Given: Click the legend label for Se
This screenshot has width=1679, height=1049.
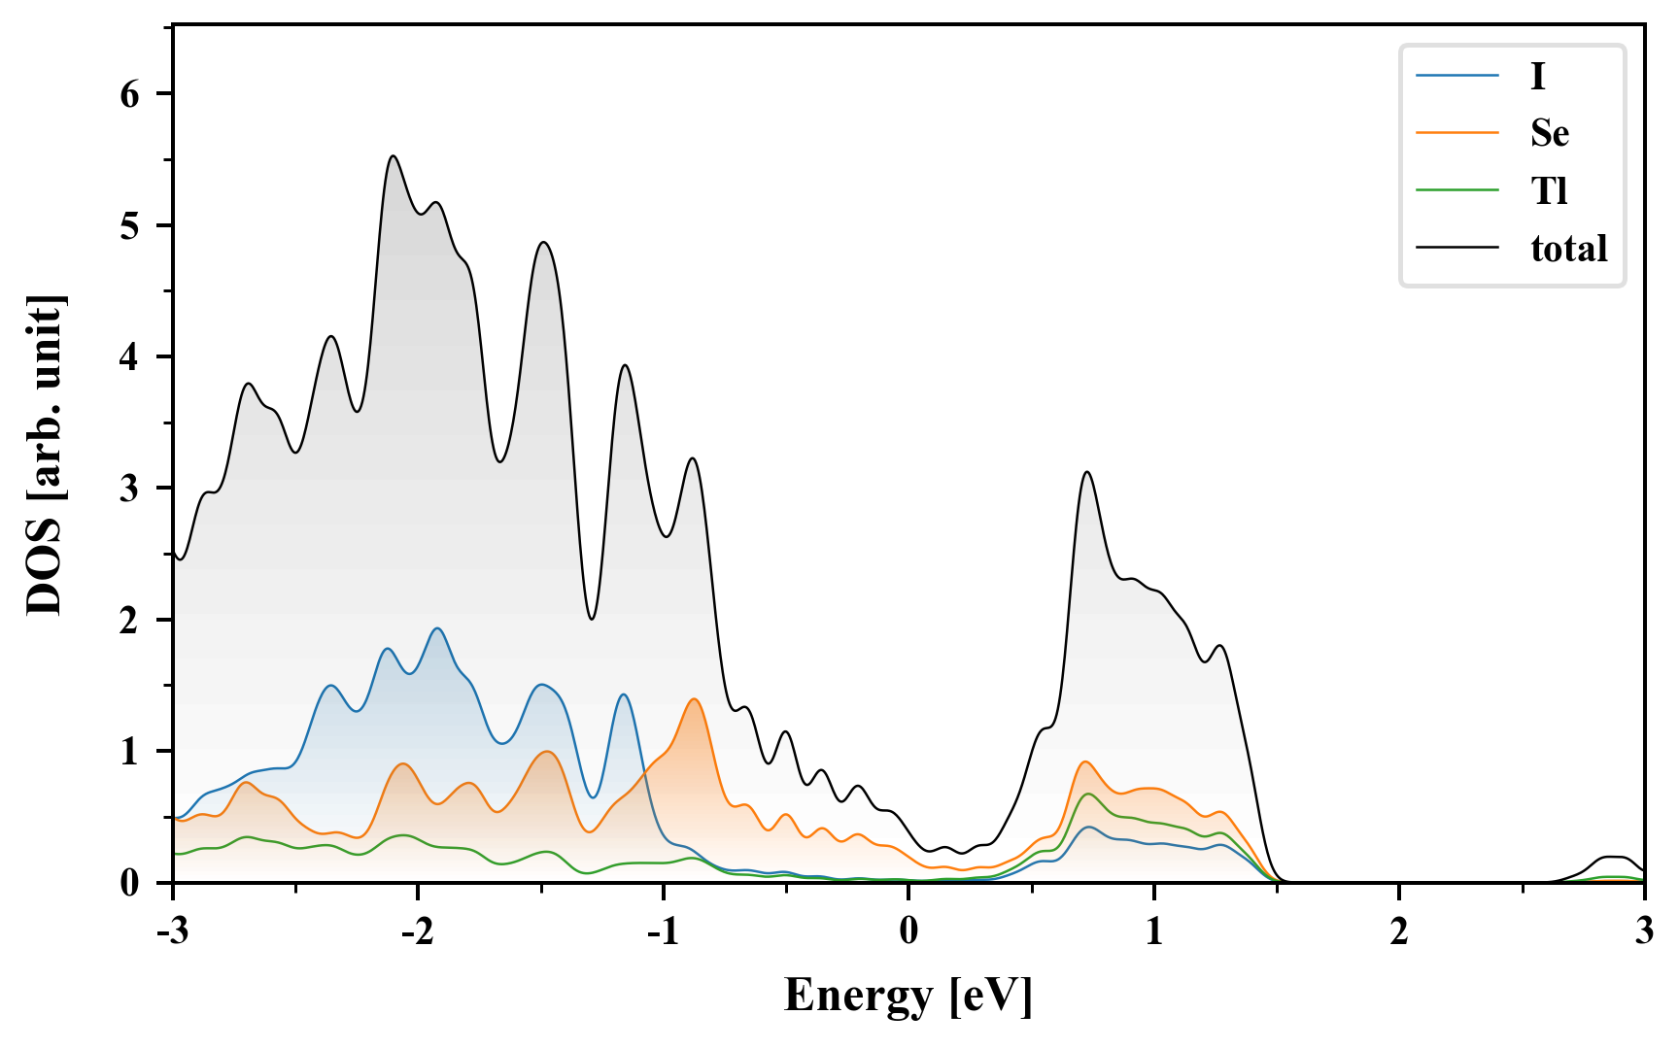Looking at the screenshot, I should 1549,133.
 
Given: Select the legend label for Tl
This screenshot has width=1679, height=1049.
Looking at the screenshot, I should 1549,190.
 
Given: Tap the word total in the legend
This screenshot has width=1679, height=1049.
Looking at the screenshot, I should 1568,249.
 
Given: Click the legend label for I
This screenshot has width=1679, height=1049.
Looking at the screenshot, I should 1537,76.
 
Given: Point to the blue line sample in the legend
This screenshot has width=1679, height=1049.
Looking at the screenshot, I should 1456,76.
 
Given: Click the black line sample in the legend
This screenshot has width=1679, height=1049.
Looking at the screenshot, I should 1456,249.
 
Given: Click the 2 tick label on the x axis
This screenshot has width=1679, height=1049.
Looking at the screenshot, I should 1399,931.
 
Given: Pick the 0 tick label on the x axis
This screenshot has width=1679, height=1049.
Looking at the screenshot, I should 908,931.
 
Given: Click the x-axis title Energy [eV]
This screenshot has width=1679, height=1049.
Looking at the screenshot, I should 908,996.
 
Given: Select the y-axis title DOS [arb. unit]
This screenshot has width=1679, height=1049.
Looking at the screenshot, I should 45,455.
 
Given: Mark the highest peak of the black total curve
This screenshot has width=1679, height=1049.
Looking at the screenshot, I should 394,156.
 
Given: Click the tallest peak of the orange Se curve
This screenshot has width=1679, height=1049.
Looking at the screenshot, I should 694,699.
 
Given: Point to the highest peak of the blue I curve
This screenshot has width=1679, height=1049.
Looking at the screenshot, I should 437,628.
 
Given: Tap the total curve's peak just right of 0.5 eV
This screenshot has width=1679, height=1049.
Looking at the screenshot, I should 1087,473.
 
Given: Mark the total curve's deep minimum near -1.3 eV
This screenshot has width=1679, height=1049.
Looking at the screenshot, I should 591,619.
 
